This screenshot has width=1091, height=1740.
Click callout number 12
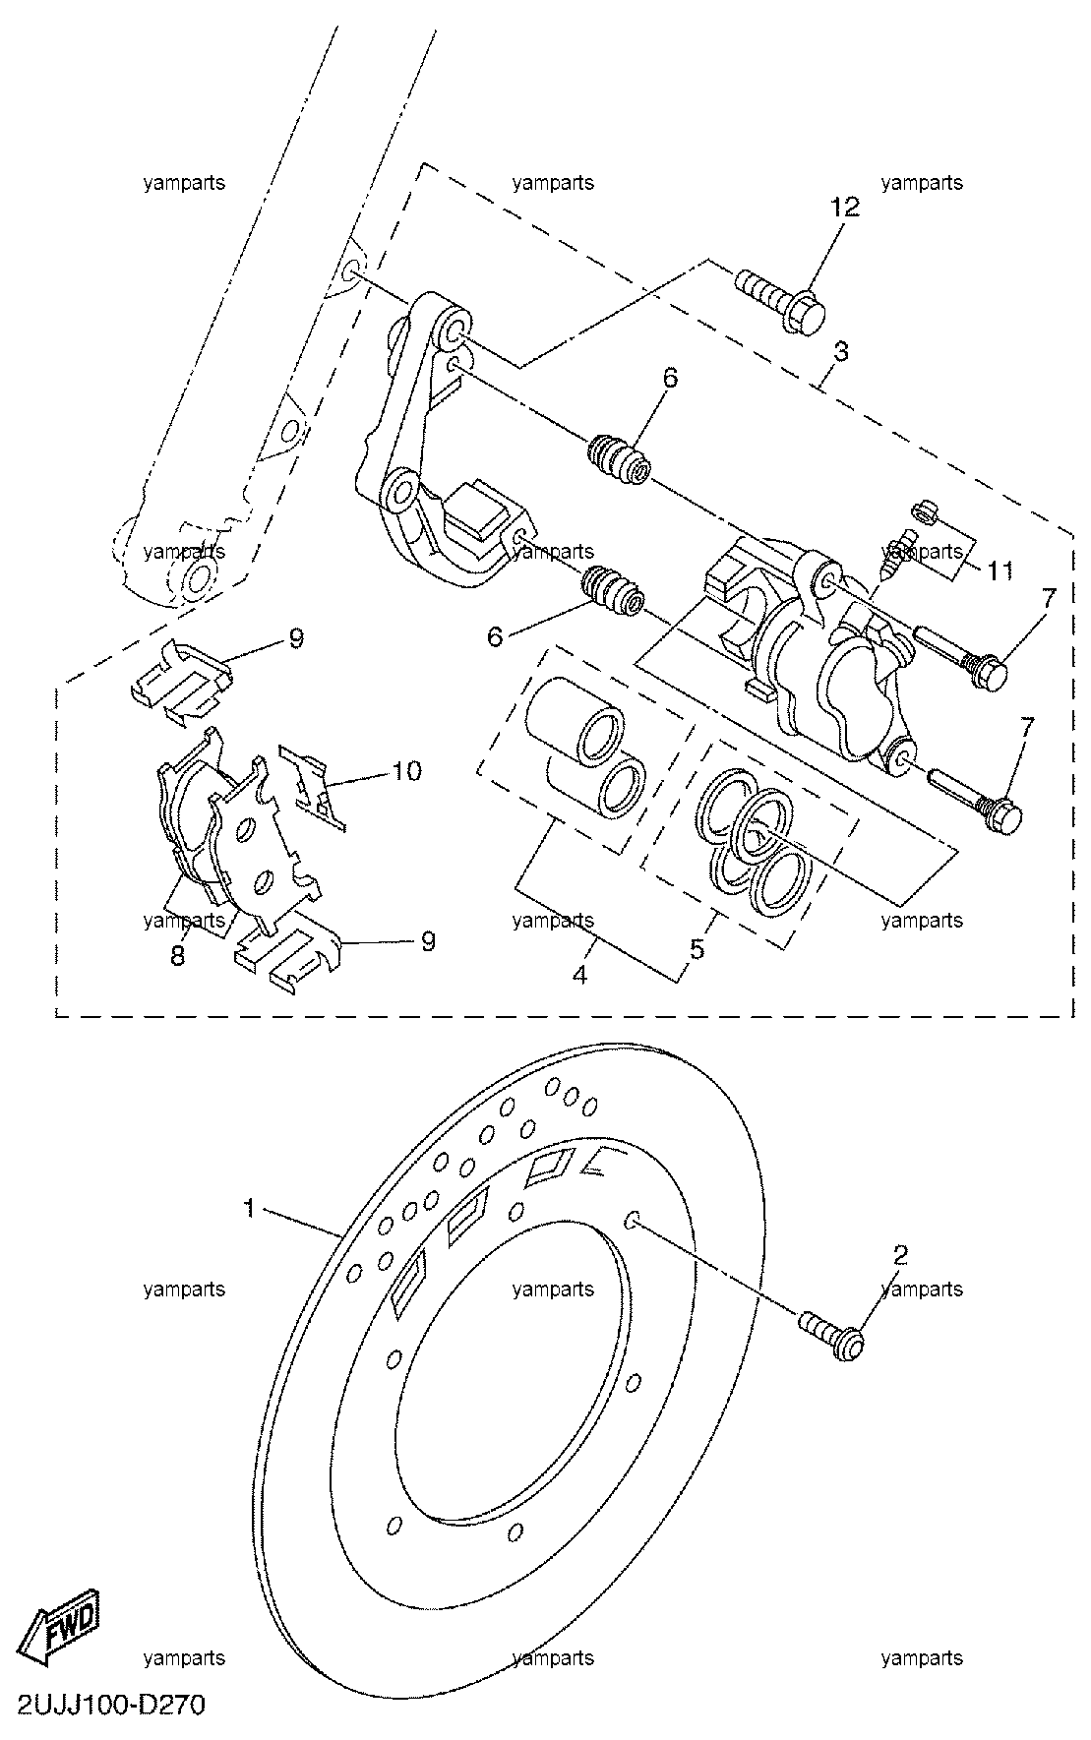click(x=845, y=208)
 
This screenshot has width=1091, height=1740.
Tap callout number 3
click(x=841, y=351)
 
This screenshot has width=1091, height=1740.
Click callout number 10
click(x=407, y=770)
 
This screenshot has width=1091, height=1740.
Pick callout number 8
click(x=178, y=955)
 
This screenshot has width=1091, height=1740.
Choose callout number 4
click(x=579, y=975)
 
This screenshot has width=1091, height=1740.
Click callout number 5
click(x=697, y=950)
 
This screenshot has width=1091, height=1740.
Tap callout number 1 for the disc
click(x=250, y=1208)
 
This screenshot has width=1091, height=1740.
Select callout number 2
click(x=900, y=1255)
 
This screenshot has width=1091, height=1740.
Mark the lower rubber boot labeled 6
click(x=612, y=591)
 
